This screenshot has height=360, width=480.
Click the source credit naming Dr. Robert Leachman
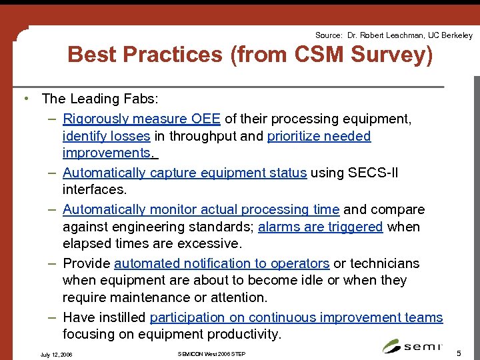(393, 35)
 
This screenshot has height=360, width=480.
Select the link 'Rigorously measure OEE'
(142, 119)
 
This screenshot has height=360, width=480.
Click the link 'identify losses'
(106, 136)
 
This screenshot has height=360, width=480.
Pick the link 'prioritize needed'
(319, 136)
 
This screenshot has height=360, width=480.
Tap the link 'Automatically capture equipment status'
(185, 173)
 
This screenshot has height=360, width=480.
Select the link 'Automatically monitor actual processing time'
(201, 209)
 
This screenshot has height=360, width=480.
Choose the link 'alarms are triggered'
(320, 227)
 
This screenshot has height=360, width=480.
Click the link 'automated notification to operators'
(221, 263)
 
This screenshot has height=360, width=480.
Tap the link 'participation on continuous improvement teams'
(296, 317)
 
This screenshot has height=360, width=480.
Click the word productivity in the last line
(243, 333)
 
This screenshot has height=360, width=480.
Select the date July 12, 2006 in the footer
(57, 354)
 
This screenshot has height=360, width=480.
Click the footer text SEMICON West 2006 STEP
(212, 353)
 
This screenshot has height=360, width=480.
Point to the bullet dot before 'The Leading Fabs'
(25, 99)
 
